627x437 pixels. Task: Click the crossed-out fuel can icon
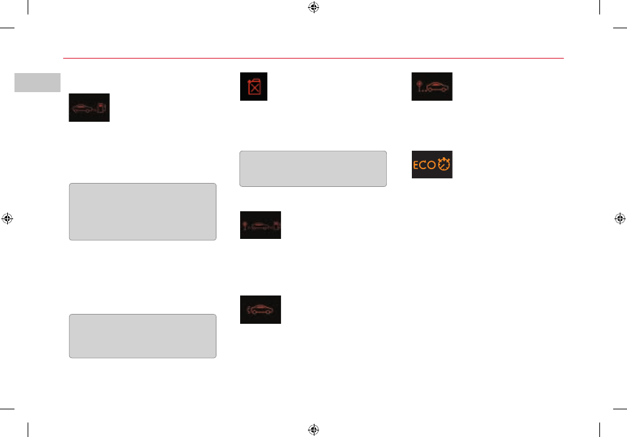pyautogui.click(x=253, y=86)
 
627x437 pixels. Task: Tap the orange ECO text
pyautogui.click(x=424, y=165)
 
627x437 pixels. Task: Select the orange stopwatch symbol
pyautogui.click(x=444, y=164)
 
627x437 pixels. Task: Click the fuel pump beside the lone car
pyautogui.click(x=102, y=108)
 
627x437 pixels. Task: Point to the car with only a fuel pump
pyautogui.click(x=83, y=108)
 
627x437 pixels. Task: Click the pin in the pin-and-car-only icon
pyautogui.click(x=419, y=86)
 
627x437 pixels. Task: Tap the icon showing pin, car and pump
pyautogui.click(x=261, y=225)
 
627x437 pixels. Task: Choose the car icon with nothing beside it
pyautogui.click(x=261, y=310)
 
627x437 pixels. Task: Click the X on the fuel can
pyautogui.click(x=255, y=88)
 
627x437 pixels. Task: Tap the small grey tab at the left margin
pyautogui.click(x=38, y=82)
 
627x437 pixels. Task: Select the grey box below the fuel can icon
pyautogui.click(x=313, y=168)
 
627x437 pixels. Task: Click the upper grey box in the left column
pyautogui.click(x=143, y=212)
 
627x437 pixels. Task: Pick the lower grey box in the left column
pyautogui.click(x=143, y=336)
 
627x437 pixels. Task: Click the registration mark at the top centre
pyautogui.click(x=313, y=7)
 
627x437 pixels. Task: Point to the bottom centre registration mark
pyautogui.click(x=313, y=430)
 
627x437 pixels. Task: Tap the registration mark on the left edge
pyautogui.click(x=7, y=218)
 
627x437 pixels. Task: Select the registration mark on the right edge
pyautogui.click(x=620, y=218)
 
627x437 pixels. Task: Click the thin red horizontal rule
pyautogui.click(x=313, y=58)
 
